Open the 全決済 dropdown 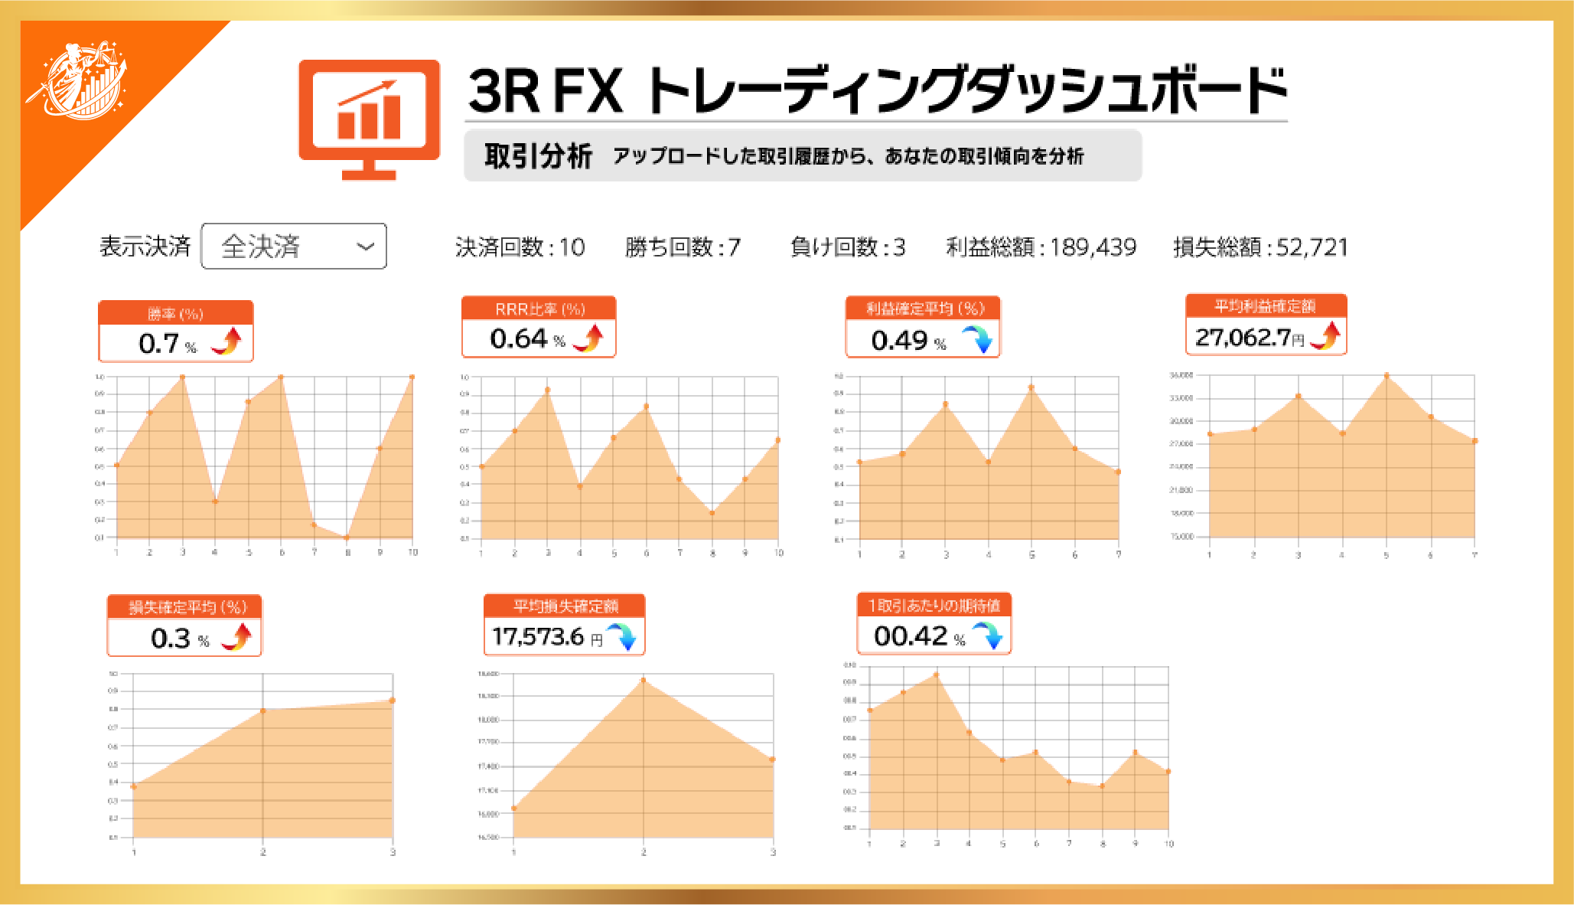point(294,247)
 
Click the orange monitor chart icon point(369,119)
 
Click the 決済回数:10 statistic point(520,247)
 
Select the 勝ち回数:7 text point(683,247)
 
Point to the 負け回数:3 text point(847,247)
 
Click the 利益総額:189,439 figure point(1041,247)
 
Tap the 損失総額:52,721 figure point(1260,247)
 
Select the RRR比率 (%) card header point(539,309)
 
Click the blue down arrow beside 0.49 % point(977,338)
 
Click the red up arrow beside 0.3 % point(238,637)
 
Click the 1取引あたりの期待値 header point(934,605)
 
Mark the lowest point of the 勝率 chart point(347,537)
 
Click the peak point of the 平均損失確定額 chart point(643,680)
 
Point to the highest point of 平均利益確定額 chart point(1387,375)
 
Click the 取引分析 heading point(538,156)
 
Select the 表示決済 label point(145,247)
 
